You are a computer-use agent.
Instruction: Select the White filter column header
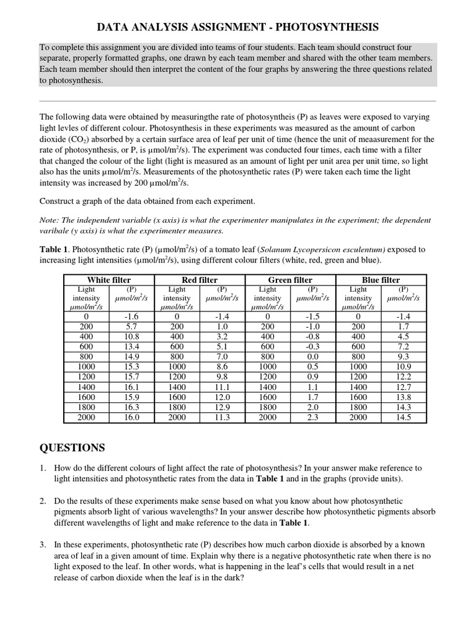click(x=108, y=280)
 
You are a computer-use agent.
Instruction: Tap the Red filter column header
click(x=200, y=280)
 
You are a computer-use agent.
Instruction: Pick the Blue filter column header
click(x=381, y=280)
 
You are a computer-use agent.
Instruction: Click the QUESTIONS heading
click(x=73, y=448)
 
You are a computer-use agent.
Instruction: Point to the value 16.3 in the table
click(x=131, y=407)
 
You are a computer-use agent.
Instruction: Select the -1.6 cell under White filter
click(x=131, y=316)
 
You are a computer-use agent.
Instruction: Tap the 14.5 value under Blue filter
click(x=403, y=417)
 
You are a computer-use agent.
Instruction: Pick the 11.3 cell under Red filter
click(x=222, y=417)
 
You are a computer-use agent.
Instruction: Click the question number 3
click(x=43, y=545)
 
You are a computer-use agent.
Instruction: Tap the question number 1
click(x=43, y=468)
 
